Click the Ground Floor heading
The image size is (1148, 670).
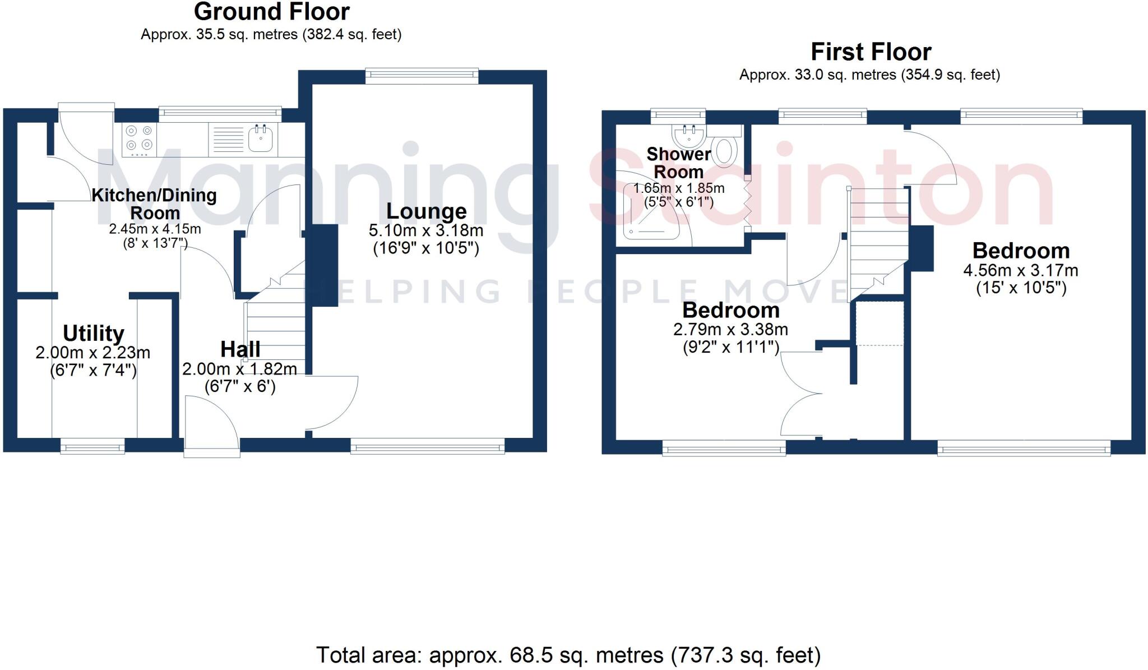tap(271, 12)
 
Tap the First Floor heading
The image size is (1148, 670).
tap(871, 52)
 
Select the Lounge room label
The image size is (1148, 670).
tap(426, 211)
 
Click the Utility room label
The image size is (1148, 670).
tap(93, 333)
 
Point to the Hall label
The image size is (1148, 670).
tap(240, 349)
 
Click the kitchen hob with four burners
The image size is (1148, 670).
tap(139, 138)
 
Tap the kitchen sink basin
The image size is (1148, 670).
tap(261, 138)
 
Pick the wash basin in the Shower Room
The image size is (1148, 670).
tap(687, 135)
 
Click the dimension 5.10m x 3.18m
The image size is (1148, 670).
tap(426, 230)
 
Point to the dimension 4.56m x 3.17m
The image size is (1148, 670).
tap(1020, 270)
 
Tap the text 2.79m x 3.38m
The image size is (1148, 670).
tap(730, 329)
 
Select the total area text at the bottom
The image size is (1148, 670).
tap(568, 655)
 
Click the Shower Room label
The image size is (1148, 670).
tap(678, 163)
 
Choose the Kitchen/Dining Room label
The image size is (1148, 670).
tap(154, 204)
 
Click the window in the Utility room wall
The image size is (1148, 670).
tap(92, 447)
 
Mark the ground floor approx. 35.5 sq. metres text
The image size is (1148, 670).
tap(271, 34)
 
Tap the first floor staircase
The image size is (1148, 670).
tap(877, 241)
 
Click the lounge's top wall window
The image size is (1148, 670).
tap(422, 76)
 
